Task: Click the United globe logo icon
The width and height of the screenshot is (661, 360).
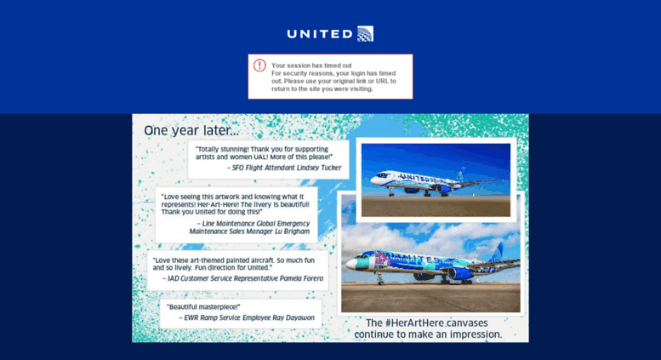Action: (x=365, y=34)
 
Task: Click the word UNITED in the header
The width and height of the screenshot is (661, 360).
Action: (x=319, y=34)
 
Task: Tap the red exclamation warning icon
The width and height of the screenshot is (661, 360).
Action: (x=259, y=66)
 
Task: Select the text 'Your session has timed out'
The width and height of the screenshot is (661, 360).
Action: (x=311, y=66)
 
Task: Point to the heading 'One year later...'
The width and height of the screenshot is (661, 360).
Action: (x=191, y=130)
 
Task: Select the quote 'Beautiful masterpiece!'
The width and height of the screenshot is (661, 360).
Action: (x=203, y=306)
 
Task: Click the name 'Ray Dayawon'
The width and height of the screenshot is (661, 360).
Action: (x=293, y=317)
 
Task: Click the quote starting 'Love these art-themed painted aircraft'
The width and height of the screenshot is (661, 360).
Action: (x=234, y=263)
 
